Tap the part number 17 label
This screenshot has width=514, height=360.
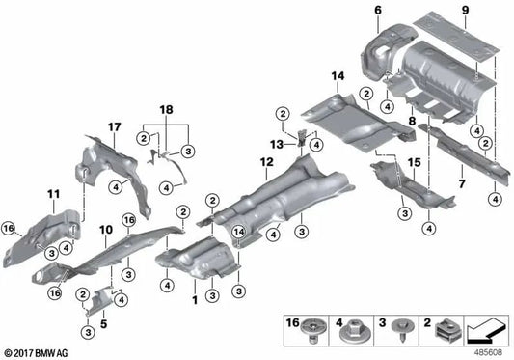114,126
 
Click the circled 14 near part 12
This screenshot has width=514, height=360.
237,231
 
